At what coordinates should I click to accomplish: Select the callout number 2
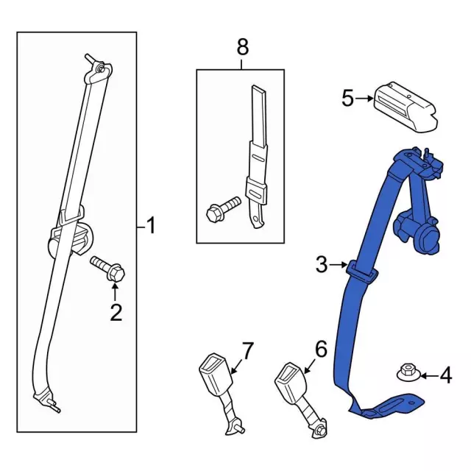[x=116, y=313]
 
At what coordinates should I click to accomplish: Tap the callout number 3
[x=321, y=265]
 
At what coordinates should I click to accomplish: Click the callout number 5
[x=348, y=98]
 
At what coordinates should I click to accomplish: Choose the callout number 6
[x=319, y=349]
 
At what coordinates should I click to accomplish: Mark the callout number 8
[x=241, y=48]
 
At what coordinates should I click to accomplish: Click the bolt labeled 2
[x=110, y=268]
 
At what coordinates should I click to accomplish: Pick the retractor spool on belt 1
[x=74, y=238]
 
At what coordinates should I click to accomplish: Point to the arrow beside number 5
[x=365, y=98]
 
